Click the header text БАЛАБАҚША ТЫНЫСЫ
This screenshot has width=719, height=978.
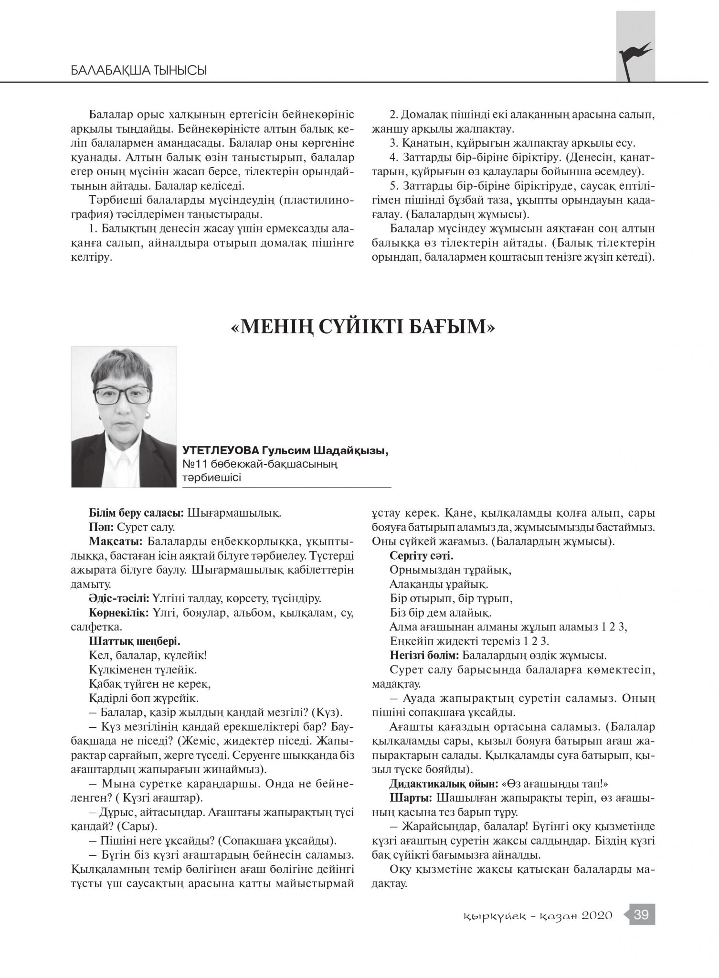[x=138, y=71]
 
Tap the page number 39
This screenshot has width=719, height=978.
[x=641, y=915]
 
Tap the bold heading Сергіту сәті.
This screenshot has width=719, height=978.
[x=422, y=556]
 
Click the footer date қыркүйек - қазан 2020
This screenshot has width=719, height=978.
[x=538, y=916]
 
